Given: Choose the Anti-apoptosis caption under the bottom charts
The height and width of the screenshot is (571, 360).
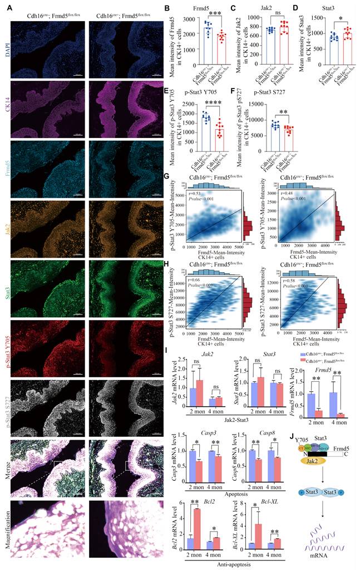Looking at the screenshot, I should [x=226, y=565].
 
